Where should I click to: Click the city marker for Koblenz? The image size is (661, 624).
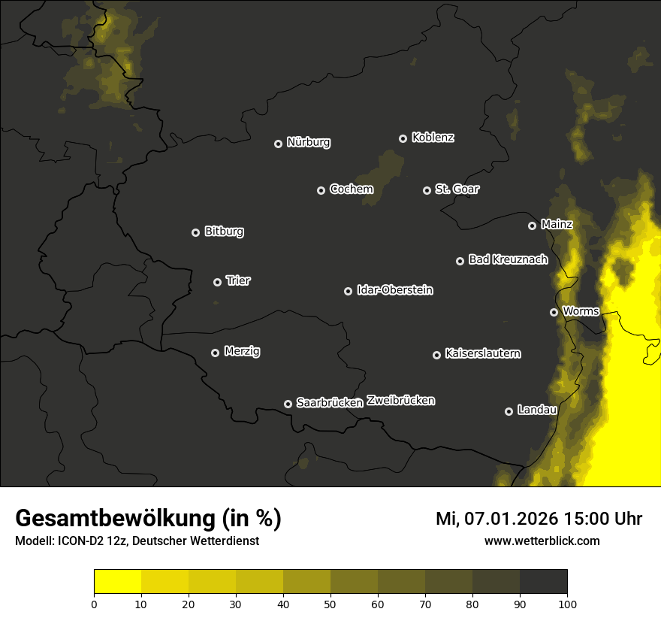point(403,138)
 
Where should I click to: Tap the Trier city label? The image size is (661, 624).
point(238,280)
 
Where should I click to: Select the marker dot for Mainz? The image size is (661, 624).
point(532,226)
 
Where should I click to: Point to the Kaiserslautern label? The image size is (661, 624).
point(482,353)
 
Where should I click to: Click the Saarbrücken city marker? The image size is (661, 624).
point(288,404)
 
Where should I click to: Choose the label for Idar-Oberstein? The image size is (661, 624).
point(394,290)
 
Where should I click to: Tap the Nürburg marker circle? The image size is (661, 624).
point(278,144)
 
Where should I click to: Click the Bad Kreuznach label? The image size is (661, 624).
point(508,259)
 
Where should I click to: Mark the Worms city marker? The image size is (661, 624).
point(554,312)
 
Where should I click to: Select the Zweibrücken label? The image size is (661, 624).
point(400,401)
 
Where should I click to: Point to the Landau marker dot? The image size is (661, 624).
point(509,411)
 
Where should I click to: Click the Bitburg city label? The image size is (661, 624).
point(224,232)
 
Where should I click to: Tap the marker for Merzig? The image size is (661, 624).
point(215,353)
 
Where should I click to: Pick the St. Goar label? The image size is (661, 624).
point(457,189)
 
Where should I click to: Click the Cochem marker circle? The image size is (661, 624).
point(321,190)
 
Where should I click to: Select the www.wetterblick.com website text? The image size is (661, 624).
point(542,541)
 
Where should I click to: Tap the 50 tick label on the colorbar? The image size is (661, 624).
point(330,603)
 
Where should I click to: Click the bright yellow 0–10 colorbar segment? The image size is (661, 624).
point(117,582)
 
